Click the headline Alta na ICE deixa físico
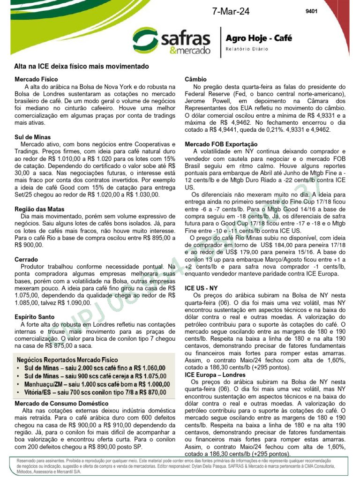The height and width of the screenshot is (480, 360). (81, 67)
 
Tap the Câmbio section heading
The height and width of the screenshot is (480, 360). (196, 80)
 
